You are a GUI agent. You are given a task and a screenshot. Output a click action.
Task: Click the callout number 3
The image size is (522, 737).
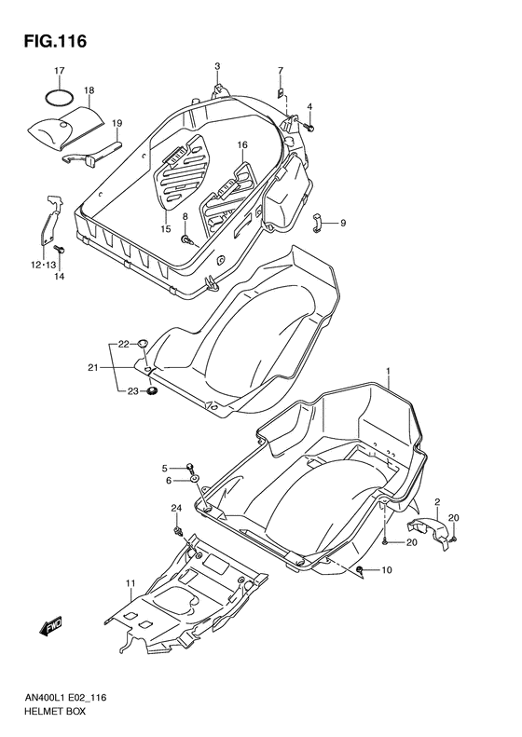point(217,66)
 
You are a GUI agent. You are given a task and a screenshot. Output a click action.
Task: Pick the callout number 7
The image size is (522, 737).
point(280,71)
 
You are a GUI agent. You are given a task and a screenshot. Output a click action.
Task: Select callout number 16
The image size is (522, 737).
point(241,145)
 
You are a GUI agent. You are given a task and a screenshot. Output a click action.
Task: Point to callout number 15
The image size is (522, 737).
point(165,229)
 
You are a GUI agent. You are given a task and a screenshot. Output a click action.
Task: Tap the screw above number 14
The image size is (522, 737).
point(58,250)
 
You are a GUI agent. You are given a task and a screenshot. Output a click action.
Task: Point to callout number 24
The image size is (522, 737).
point(174,507)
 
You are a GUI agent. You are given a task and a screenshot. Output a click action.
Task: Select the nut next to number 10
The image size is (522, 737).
point(360,570)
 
